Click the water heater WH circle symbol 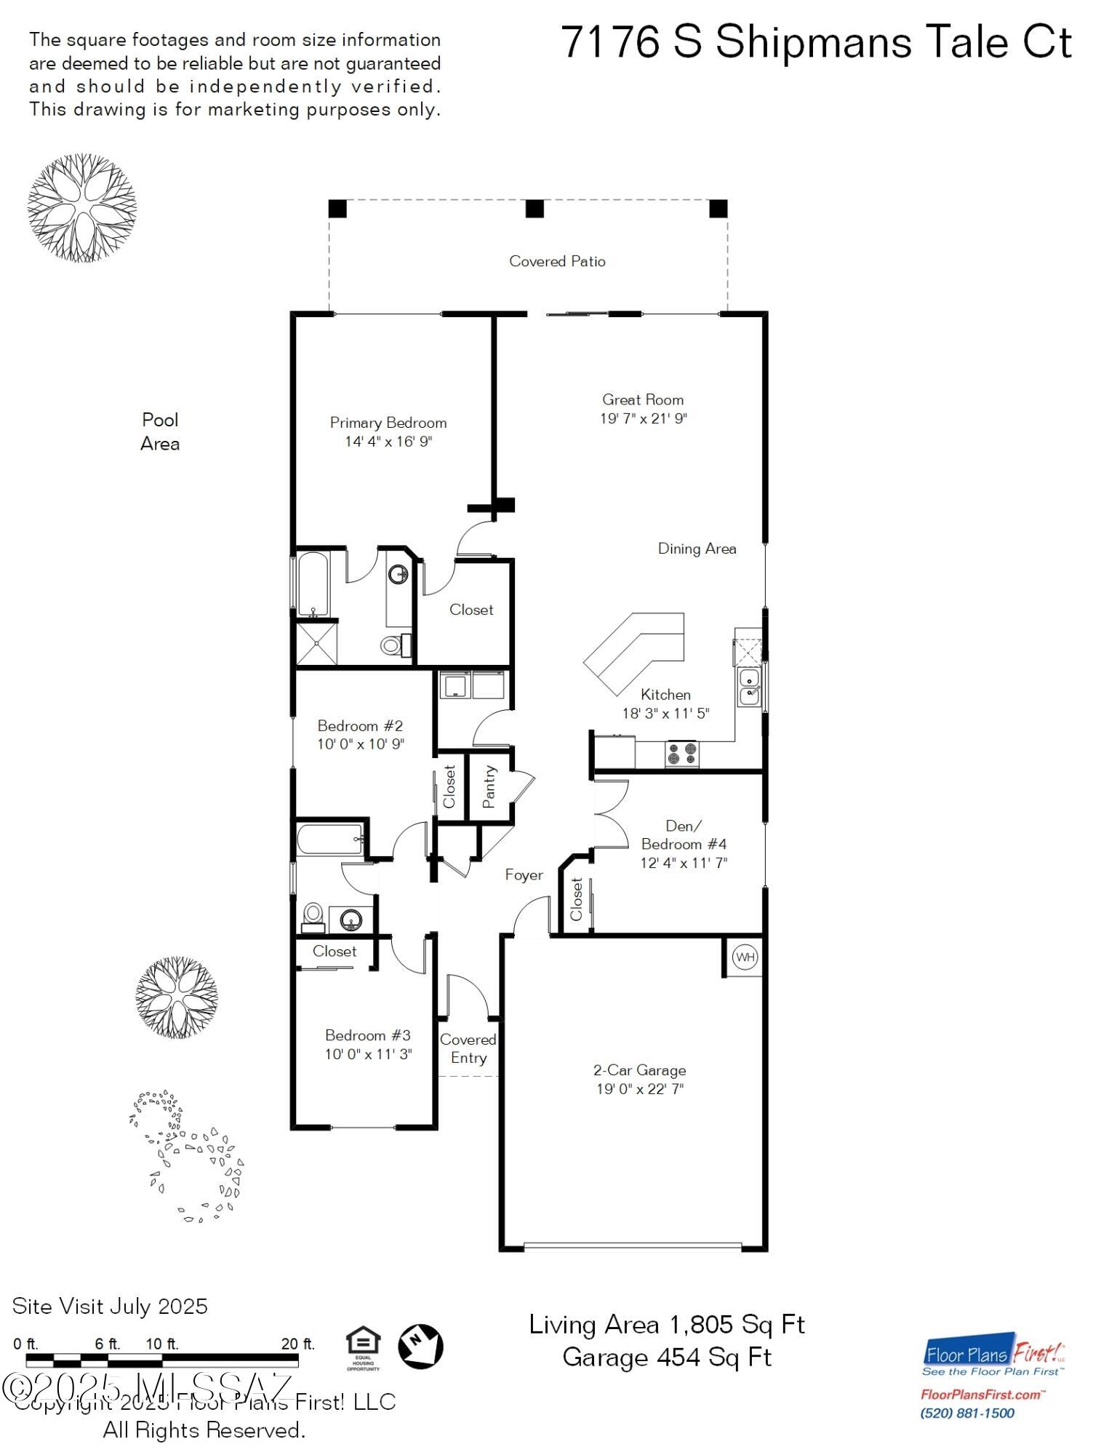pos(745,957)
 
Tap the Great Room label pos(642,399)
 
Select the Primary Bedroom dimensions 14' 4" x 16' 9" pos(388,442)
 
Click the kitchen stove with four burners pos(682,753)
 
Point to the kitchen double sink pos(749,687)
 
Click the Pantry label pos(489,786)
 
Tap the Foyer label pos(524,875)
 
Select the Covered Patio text pos(557,261)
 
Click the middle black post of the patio pos(535,209)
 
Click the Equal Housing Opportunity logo pos(363,1347)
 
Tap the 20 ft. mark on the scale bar pos(298,1344)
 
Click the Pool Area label pos(160,431)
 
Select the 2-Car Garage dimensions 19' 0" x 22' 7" pos(640,1089)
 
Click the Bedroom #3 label pos(367,1035)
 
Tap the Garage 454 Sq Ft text pos(666,1358)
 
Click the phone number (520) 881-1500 pos(966,1414)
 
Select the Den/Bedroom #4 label pos(684,834)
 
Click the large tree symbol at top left pos(81,208)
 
